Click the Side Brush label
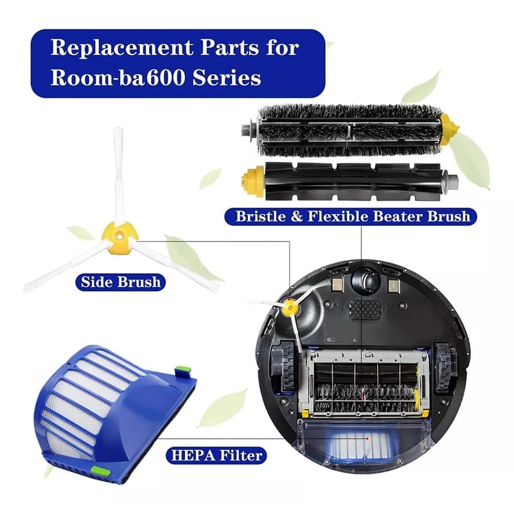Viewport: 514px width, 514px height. [120, 281]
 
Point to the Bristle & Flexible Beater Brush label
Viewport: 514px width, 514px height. [347, 217]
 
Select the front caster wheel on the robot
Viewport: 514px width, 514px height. [364, 280]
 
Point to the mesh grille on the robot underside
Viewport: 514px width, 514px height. [364, 308]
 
